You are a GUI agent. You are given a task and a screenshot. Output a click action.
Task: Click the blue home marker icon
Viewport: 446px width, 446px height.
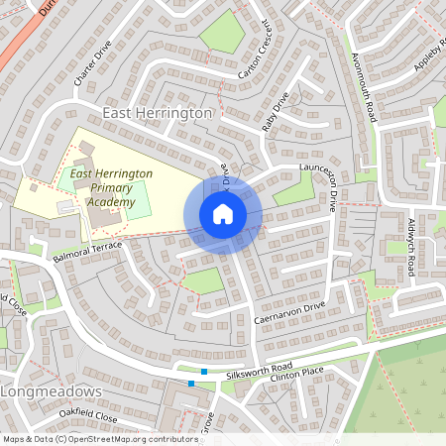[x=223, y=214]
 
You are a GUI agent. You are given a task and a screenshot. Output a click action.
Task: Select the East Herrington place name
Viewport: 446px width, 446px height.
[x=157, y=113]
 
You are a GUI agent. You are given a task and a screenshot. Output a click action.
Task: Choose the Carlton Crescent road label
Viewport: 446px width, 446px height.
[x=254, y=50]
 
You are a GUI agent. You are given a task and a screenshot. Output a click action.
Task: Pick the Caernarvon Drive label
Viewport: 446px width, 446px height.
[x=288, y=316]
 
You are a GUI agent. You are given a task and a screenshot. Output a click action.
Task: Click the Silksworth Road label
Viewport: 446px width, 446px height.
[x=258, y=368]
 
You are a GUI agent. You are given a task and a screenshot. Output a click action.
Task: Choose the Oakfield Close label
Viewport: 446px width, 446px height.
[x=87, y=417]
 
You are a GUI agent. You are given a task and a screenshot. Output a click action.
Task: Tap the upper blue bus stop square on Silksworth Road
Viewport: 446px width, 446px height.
[x=204, y=372]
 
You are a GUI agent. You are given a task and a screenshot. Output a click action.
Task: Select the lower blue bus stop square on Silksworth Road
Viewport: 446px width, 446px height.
[x=191, y=384]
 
